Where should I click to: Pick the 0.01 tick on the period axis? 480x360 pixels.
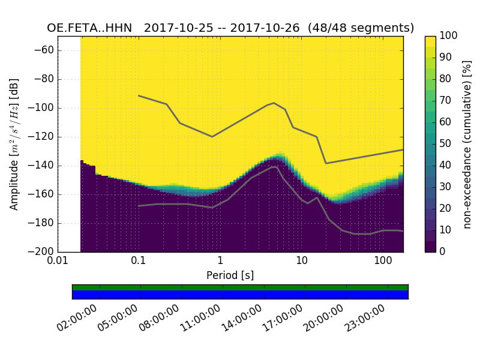point(58,260)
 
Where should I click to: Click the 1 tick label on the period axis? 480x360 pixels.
point(220,260)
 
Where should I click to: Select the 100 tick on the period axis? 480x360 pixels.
point(383,260)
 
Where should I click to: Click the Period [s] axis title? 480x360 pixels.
point(230,275)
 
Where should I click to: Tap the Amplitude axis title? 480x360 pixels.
point(14,144)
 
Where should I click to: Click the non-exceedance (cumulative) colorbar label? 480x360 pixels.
point(468,144)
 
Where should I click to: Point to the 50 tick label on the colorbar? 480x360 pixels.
point(446,144)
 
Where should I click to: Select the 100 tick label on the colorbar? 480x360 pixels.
point(448,36)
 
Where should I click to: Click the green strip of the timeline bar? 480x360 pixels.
point(240,287)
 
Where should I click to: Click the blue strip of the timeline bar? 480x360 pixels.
point(240,294)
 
